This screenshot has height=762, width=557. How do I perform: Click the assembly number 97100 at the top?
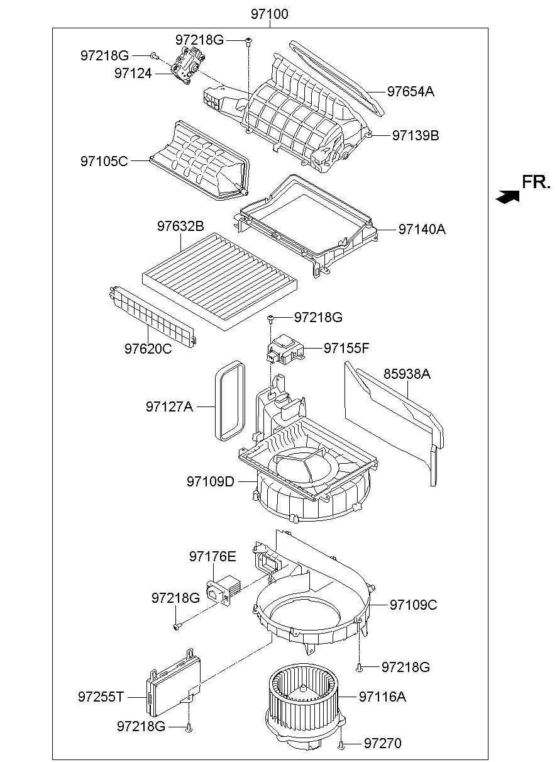pyautogui.click(x=270, y=14)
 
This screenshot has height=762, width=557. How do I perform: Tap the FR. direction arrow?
pyautogui.click(x=507, y=196)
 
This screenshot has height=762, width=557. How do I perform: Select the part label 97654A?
pyautogui.click(x=411, y=91)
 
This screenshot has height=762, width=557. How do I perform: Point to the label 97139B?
pyautogui.click(x=416, y=135)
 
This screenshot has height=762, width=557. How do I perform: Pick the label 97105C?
pyautogui.click(x=104, y=161)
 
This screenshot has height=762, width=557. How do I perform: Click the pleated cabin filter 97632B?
pyautogui.click(x=221, y=281)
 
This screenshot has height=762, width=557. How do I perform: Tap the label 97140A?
pyautogui.click(x=422, y=229)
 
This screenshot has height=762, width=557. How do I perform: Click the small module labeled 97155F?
pyautogui.click(x=284, y=349)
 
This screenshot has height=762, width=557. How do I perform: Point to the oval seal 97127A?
pyautogui.click(x=229, y=400)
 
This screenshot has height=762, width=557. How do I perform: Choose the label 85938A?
pyautogui.click(x=407, y=374)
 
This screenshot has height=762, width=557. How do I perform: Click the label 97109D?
pyautogui.click(x=211, y=481)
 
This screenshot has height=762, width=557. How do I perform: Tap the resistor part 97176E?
pyautogui.click(x=224, y=590)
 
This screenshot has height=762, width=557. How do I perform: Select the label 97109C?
pyautogui.click(x=413, y=605)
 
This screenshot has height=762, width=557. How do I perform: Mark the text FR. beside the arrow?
pyautogui.click(x=536, y=182)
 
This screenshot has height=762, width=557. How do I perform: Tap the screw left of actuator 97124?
pyautogui.click(x=153, y=55)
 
